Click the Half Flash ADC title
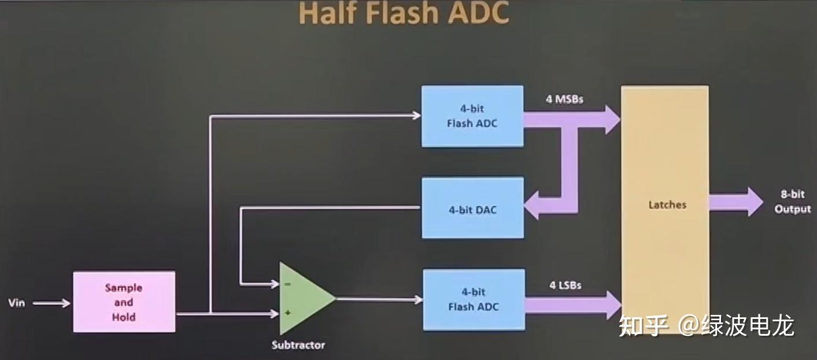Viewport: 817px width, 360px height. click(404, 14)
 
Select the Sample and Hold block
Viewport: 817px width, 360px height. click(124, 302)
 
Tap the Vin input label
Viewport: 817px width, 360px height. click(17, 303)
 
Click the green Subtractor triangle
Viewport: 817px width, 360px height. click(304, 298)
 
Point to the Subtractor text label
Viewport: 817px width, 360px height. click(298, 345)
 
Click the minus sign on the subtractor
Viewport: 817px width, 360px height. click(287, 284)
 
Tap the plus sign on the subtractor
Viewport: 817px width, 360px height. click(287, 313)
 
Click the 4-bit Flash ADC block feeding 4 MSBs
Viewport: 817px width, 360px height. click(472, 116)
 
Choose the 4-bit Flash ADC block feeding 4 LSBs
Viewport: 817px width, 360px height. click(474, 299)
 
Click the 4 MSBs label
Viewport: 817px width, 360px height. click(564, 99)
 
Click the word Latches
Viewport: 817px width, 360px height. click(667, 205)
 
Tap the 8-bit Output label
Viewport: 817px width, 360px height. click(792, 202)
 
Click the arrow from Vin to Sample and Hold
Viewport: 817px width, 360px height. click(51, 303)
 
